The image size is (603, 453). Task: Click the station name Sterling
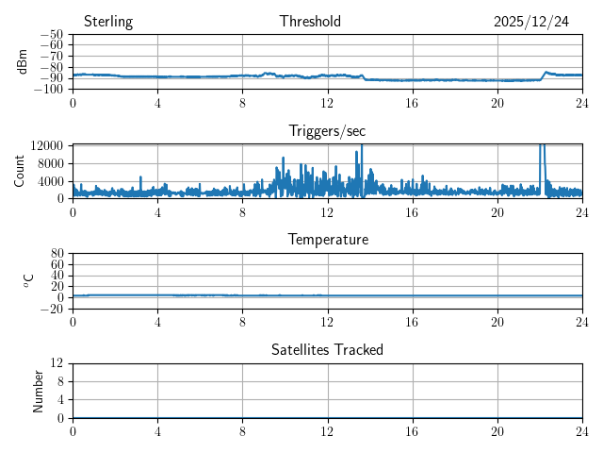point(108,22)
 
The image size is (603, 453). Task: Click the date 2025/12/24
point(531,22)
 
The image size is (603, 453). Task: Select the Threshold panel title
point(310,22)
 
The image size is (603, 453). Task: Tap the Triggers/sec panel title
point(327,131)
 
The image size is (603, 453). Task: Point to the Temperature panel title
point(327,240)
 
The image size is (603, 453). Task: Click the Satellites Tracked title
point(327,350)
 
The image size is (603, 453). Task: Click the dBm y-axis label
point(22,61)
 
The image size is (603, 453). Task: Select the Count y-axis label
point(19,172)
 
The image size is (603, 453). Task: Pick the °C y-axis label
point(28,281)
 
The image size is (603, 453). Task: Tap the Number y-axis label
point(39,391)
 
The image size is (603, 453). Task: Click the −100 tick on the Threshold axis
point(50,90)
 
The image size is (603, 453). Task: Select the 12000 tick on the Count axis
point(46,145)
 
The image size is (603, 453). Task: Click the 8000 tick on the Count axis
point(49,163)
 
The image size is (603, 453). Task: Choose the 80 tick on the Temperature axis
point(57,254)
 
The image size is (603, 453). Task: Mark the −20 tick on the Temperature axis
point(52,309)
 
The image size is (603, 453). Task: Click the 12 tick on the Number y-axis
point(57,363)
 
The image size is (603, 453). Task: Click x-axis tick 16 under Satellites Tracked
point(412,430)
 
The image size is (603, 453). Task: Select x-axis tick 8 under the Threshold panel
point(242,102)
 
